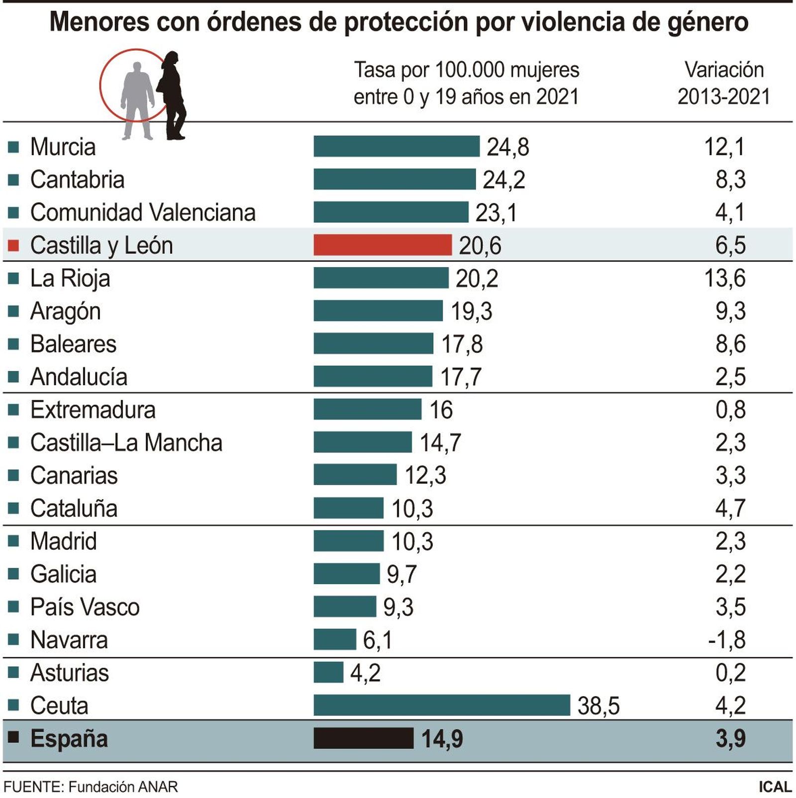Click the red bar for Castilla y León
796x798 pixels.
tap(382, 245)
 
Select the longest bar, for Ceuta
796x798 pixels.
tap(441, 706)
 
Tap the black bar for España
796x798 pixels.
tap(363, 738)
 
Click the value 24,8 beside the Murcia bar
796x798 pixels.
tap(507, 147)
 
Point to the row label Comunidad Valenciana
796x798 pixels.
tap(143, 212)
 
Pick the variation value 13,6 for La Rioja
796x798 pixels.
tap(724, 278)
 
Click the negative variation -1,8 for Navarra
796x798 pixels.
tap(726, 640)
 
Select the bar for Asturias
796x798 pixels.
tap(328, 673)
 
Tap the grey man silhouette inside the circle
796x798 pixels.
tap(137, 97)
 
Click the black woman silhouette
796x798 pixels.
tap(172, 94)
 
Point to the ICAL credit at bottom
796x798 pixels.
tap(775, 787)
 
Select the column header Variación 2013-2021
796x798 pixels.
tap(723, 83)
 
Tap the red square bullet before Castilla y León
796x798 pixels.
tap(13, 245)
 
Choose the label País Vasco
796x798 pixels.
tap(85, 607)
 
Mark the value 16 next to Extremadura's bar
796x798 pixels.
tap(441, 410)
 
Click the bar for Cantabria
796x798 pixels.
tap(394, 179)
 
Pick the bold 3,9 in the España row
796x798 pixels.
tap(730, 739)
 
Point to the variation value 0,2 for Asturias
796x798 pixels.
tap(730, 673)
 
